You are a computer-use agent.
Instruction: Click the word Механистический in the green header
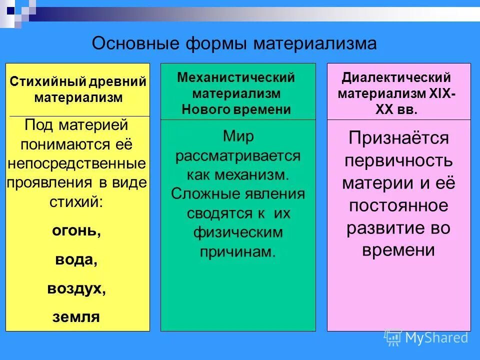coord(236,78)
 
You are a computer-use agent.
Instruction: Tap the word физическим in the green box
coord(238,232)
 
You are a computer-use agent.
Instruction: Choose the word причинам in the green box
coord(238,252)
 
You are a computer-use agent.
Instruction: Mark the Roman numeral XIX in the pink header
coord(439,94)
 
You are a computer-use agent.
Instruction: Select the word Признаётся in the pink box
coord(398,138)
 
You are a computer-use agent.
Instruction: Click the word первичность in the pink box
coord(398,160)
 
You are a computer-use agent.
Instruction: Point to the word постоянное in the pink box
coord(398,205)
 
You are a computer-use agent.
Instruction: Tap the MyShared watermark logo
coord(426,337)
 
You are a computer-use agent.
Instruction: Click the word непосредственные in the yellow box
coord(77,163)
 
